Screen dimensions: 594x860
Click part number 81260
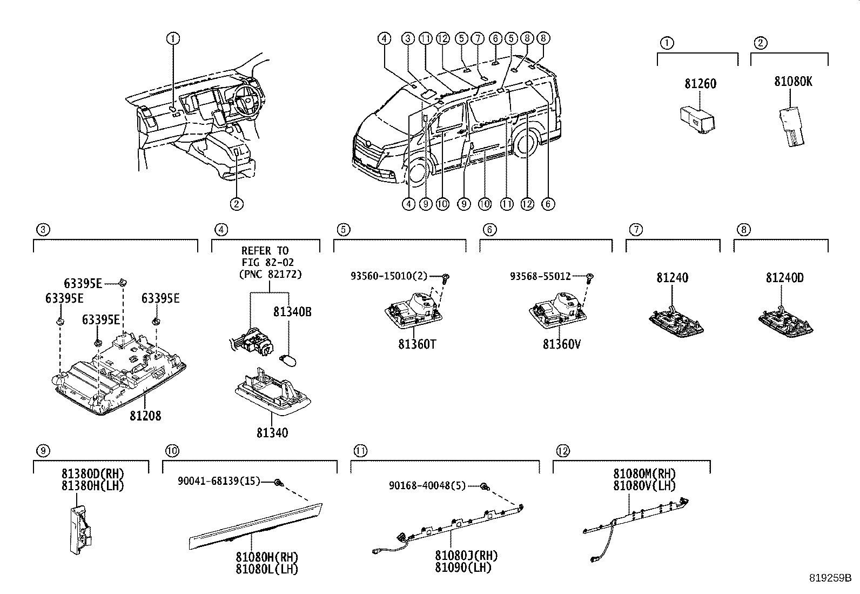point(700,84)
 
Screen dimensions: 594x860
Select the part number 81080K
point(792,82)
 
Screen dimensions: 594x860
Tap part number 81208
point(145,416)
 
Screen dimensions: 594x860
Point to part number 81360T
point(416,344)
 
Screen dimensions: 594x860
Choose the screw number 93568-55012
point(540,277)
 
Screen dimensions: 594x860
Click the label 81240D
point(784,278)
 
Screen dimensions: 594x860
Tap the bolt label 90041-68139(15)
point(219,481)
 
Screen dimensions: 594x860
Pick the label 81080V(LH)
point(644,486)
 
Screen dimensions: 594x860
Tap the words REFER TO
point(265,251)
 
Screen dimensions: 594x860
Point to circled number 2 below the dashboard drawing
point(236,204)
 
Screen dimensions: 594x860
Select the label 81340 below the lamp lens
point(272,433)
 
